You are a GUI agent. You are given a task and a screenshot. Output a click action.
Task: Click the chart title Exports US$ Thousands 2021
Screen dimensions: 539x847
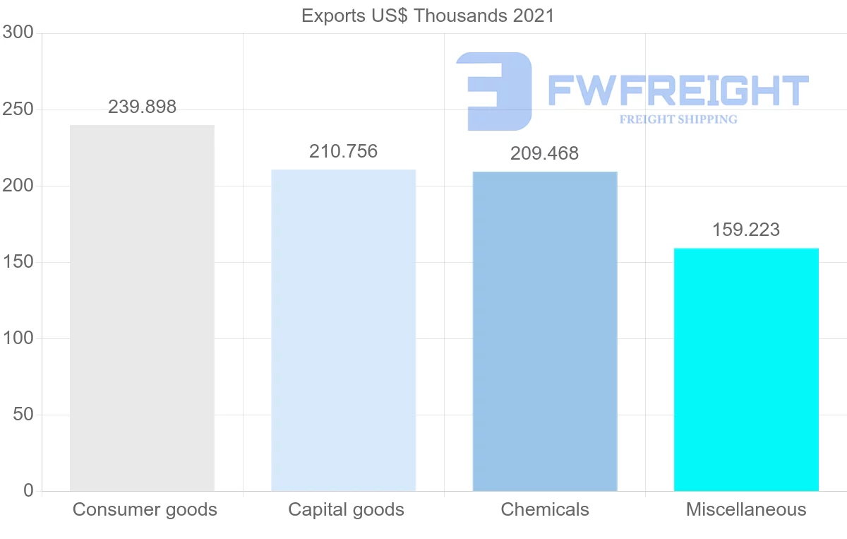click(428, 16)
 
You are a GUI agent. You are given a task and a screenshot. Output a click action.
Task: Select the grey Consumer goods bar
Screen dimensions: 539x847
click(142, 308)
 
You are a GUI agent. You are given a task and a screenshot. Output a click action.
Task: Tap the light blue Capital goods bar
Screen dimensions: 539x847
click(344, 330)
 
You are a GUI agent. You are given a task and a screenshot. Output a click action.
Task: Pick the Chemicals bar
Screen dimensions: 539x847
click(545, 331)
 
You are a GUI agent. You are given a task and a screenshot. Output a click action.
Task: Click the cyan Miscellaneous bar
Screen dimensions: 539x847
click(746, 369)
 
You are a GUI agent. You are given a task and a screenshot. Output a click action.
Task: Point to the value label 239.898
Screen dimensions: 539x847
click(142, 107)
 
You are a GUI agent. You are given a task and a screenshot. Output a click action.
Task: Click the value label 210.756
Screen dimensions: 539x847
click(344, 151)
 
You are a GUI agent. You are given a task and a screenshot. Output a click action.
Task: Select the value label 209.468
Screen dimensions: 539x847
click(545, 153)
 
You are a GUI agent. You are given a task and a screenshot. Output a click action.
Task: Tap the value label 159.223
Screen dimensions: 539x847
click(746, 230)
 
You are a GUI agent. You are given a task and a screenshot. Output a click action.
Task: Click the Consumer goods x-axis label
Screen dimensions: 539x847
click(145, 509)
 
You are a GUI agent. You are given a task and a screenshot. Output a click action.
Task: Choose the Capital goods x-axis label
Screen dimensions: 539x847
click(346, 509)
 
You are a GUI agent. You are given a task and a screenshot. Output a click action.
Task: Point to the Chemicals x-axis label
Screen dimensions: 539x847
click(545, 509)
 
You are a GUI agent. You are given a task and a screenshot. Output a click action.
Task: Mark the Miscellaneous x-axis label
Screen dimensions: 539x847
click(746, 509)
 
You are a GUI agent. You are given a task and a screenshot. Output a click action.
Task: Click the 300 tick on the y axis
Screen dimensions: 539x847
click(18, 32)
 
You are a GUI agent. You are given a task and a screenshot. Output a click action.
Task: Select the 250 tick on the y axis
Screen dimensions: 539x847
click(18, 109)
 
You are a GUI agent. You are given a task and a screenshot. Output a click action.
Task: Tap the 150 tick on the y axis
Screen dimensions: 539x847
click(18, 262)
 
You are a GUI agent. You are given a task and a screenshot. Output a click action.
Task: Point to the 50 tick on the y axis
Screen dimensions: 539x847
click(23, 415)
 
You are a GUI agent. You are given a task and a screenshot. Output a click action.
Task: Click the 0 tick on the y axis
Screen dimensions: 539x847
click(28, 490)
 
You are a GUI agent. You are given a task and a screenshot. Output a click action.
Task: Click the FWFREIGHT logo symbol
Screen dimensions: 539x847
click(494, 90)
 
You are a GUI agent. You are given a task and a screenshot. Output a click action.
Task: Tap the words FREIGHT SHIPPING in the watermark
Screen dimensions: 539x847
click(678, 119)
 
